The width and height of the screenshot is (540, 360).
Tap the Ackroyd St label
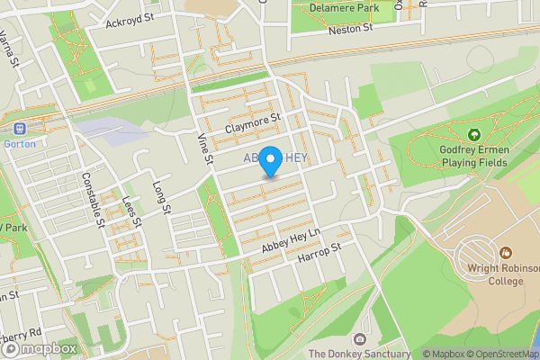(x=130, y=18)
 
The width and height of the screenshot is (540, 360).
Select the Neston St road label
(x=349, y=30)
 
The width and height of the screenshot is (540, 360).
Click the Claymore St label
(x=254, y=122)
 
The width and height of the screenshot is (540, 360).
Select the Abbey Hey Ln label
(x=291, y=239)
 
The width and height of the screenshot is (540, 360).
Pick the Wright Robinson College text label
(x=494, y=274)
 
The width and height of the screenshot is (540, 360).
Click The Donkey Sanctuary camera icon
(x=360, y=339)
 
